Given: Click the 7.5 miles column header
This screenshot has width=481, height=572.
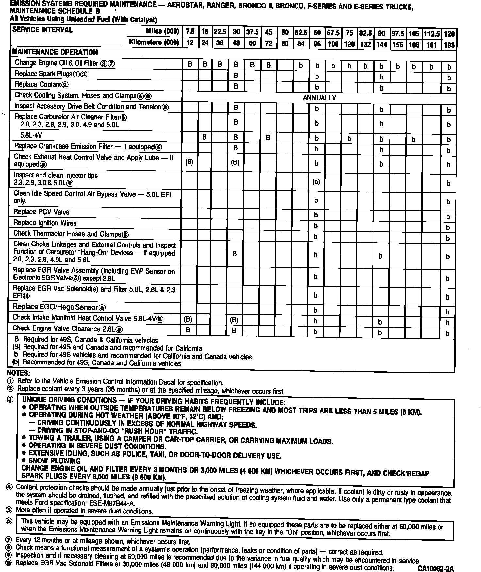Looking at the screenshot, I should point(190,32).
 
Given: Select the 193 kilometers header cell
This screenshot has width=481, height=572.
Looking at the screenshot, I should point(449,45).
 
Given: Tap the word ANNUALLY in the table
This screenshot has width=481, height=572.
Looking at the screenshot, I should point(319,98).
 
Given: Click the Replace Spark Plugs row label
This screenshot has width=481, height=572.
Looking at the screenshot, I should point(51,74).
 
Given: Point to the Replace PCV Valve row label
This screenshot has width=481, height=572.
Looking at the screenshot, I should point(41,212).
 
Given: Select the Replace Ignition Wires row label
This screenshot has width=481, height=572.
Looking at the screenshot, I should point(45,223).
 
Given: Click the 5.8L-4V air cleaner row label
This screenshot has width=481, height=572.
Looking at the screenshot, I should point(31,135).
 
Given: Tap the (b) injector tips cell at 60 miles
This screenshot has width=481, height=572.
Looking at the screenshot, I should point(316,182).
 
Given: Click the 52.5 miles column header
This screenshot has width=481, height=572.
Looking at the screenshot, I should point(301,32).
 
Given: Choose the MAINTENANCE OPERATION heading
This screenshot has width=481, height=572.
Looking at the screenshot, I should point(55,52).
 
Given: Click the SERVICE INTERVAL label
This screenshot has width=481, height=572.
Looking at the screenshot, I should point(42,30).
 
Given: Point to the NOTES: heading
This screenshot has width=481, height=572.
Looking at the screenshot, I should point(18,373).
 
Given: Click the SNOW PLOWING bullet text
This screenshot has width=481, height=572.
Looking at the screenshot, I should point(55,461).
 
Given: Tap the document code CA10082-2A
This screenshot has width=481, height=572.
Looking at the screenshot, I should point(436,568).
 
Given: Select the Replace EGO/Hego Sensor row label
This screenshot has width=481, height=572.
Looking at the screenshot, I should point(59,307).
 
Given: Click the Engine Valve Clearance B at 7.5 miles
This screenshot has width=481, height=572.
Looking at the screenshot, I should point(188,330).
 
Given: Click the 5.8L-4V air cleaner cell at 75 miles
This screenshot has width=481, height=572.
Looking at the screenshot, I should point(349,139).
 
